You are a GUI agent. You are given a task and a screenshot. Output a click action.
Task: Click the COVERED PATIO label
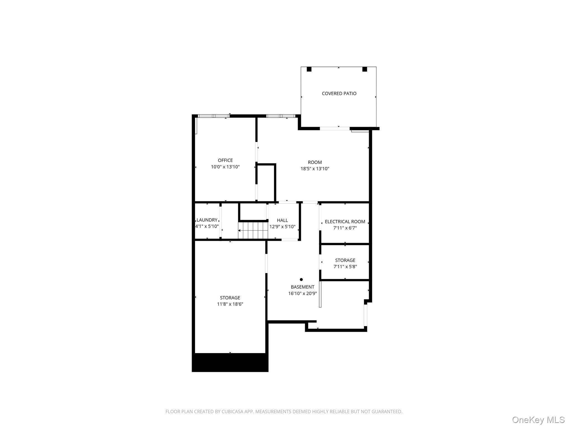[x=339, y=93]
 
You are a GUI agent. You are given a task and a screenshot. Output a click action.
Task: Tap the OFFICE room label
[x=225, y=160]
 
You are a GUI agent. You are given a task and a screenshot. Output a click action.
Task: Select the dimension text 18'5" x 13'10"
[x=315, y=169]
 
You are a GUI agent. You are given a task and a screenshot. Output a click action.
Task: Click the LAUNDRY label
[x=207, y=220]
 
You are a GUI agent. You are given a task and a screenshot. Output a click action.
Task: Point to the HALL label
[x=282, y=220]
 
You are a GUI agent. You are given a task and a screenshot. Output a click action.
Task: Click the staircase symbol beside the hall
[x=253, y=230]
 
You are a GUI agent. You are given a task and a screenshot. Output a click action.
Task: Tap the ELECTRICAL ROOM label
[x=345, y=222]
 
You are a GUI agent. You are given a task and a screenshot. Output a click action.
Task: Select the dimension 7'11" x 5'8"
[x=345, y=267]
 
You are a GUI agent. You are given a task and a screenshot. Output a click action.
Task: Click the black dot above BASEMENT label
[x=301, y=280]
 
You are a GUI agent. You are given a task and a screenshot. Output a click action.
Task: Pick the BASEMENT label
[x=302, y=287]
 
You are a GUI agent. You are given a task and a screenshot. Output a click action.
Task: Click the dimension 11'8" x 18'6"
[x=230, y=304]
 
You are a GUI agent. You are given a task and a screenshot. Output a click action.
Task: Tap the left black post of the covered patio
[x=309, y=69]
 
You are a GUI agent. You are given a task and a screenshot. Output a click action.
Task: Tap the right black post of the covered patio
[x=364, y=69]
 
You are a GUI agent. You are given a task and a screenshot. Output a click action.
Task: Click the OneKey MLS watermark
[x=538, y=420]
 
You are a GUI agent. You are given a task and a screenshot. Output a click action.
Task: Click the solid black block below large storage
[x=230, y=362]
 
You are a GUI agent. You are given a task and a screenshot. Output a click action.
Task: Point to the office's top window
[x=213, y=116]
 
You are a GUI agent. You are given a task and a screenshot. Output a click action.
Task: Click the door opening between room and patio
[x=334, y=128]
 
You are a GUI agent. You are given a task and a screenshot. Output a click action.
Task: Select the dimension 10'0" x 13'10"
[x=225, y=167]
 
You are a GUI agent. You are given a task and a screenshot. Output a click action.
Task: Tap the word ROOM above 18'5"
[x=315, y=162]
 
